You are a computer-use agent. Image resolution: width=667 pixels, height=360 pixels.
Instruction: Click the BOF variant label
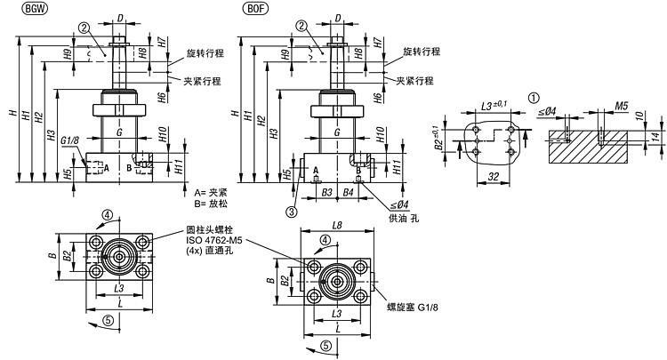click(253, 9)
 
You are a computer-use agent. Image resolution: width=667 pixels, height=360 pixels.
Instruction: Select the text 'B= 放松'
click(211, 204)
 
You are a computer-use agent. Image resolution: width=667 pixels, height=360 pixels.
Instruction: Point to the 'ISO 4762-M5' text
click(213, 239)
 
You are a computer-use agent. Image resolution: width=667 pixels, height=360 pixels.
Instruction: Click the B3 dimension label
click(326, 191)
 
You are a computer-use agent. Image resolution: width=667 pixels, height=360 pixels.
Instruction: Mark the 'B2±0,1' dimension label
click(440, 139)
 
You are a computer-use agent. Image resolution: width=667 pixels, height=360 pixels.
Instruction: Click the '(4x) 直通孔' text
click(212, 251)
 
